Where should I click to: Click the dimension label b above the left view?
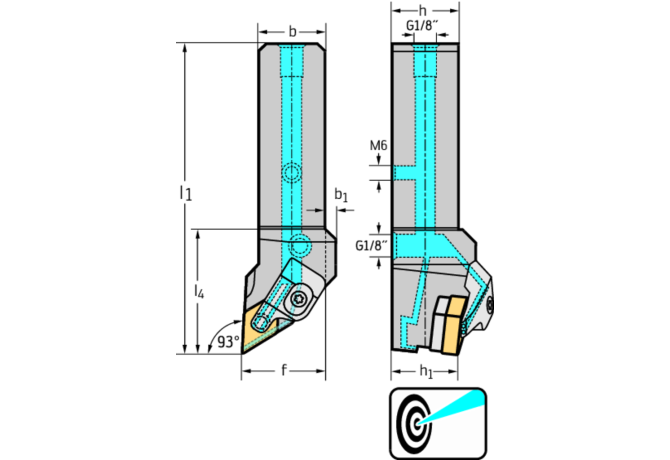pos(292,31)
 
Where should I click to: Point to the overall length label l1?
pos(184,192)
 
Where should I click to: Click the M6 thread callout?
pos(378,146)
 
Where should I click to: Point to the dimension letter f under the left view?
pos(284,371)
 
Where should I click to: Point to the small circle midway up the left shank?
pos(291,173)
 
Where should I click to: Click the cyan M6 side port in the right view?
pos(405,173)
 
